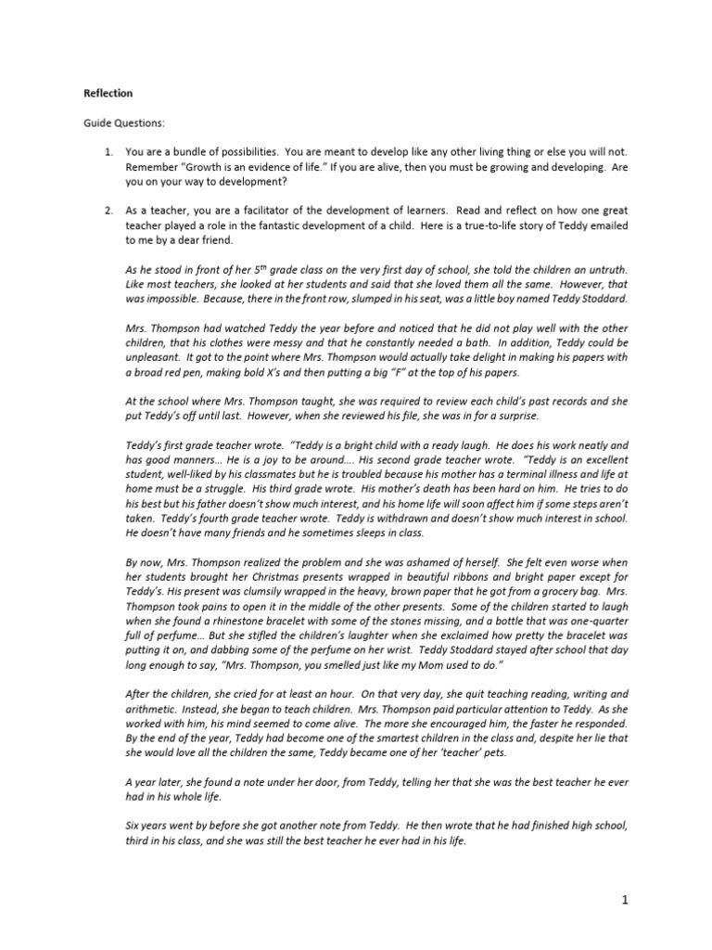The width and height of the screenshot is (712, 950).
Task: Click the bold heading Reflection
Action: click(108, 94)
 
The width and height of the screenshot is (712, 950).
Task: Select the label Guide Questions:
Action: click(121, 122)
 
